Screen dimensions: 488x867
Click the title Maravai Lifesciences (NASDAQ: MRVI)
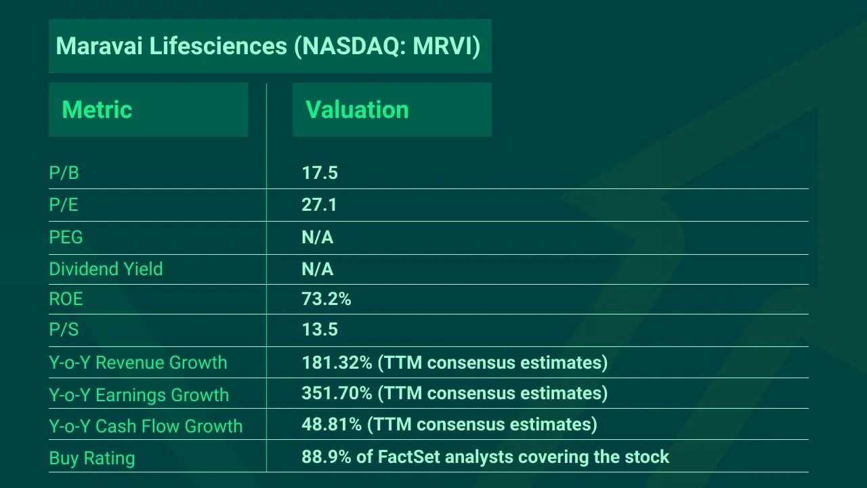tap(268, 46)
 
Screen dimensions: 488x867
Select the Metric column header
tap(97, 110)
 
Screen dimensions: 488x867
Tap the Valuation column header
tap(357, 110)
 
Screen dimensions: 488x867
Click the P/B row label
tap(64, 174)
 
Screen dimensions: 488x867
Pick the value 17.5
tap(319, 174)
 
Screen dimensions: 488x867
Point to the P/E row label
tap(64, 205)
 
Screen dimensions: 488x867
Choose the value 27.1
tap(319, 205)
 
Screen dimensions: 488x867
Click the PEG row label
tap(66, 237)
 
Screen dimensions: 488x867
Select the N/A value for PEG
tap(317, 237)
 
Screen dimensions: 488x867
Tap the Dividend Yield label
tap(106, 269)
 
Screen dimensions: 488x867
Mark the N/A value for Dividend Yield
tap(317, 269)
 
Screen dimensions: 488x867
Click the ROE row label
tap(66, 299)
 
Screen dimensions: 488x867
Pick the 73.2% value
tap(326, 299)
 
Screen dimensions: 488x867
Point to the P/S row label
tap(64, 330)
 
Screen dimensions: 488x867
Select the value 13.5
tap(319, 330)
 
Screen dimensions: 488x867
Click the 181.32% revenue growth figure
tap(337, 363)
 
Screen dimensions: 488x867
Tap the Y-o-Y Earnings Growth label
tap(139, 394)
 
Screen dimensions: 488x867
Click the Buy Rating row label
tap(91, 458)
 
